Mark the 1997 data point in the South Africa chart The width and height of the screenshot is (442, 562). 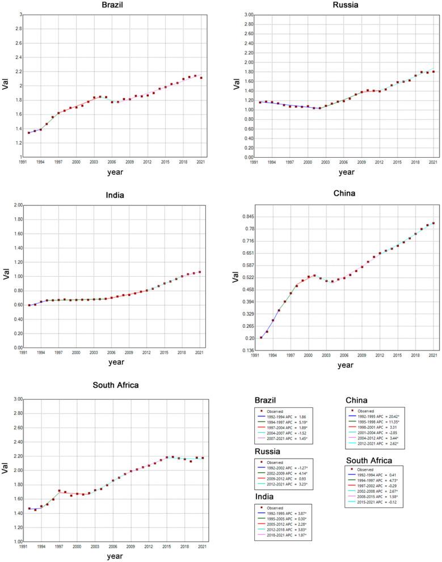pos(59,491)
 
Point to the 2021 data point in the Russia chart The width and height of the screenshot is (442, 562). pos(433,71)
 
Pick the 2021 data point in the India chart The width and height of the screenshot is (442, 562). pos(200,272)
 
